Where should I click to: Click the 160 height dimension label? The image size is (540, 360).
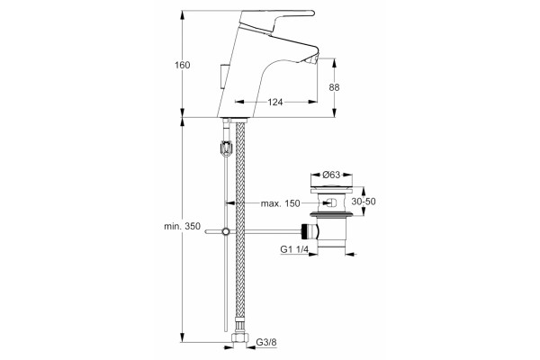pos(182,65)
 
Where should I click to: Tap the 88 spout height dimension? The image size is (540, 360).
pos(334,87)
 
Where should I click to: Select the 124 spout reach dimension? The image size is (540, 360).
pos(275,102)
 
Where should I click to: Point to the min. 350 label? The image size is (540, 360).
pos(182,226)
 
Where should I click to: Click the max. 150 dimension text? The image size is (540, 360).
pos(280,203)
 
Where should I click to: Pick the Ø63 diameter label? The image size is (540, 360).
pos(331,175)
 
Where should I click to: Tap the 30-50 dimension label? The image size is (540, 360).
pos(364,202)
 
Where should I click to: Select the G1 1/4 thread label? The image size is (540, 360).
pos(294,249)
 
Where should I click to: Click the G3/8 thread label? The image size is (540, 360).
pos(266,342)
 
